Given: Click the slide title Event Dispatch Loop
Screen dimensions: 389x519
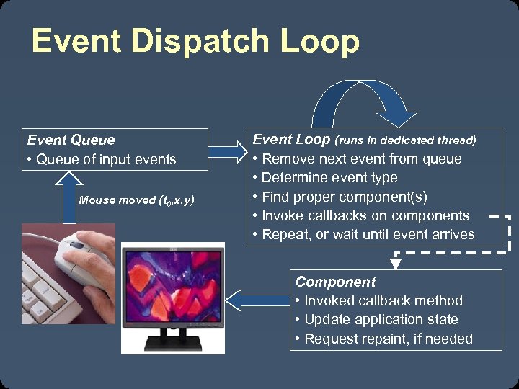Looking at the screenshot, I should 195,41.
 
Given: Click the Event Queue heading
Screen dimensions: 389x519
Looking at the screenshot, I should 71,140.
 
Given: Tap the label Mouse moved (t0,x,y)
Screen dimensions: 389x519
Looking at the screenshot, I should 136,200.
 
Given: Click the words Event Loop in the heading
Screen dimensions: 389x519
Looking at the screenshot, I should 291,140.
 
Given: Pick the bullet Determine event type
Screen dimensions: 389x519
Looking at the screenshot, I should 329,177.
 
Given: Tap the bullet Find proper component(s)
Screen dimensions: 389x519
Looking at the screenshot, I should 344,197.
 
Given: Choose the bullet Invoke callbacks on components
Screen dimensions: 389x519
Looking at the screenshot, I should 365,215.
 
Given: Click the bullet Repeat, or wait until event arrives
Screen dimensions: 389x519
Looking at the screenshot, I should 368,234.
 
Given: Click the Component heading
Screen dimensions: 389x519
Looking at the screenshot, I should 335,282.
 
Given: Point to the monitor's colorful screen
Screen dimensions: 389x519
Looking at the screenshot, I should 173,285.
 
